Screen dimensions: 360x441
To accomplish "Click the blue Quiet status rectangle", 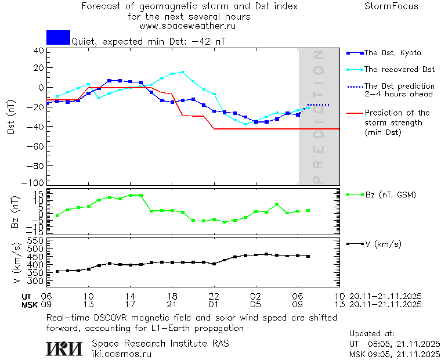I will click(58, 37).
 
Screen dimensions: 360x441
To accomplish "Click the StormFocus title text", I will click(391, 6).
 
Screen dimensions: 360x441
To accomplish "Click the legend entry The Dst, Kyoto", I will click(392, 53).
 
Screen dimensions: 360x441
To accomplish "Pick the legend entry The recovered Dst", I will click(399, 70).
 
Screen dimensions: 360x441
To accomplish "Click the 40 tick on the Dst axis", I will click(39, 51).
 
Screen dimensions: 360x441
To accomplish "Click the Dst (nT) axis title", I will click(11, 117).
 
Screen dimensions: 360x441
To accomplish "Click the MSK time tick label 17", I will click(131, 304).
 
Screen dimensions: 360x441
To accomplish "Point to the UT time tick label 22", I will click(214, 296).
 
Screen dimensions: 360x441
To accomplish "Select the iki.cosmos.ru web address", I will click(122, 353).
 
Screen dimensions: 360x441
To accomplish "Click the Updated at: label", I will click(371, 334).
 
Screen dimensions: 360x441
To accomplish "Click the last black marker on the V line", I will click(308, 256).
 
